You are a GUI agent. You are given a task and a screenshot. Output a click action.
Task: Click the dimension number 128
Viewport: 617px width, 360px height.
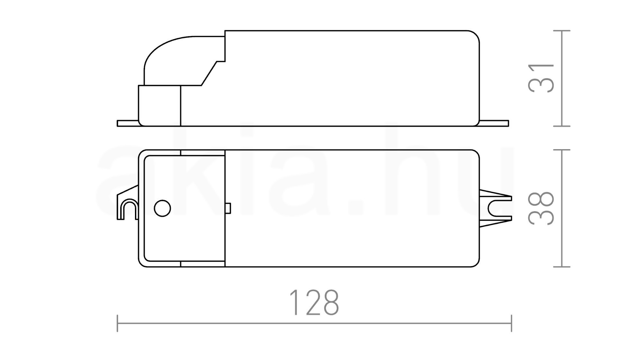(x=314, y=302)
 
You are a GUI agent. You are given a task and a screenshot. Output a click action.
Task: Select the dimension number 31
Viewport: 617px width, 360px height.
(x=541, y=78)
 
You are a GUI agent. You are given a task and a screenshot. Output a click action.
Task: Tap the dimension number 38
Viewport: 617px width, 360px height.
(x=541, y=208)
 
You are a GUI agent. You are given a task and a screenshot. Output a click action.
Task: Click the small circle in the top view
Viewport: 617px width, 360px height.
(x=162, y=208)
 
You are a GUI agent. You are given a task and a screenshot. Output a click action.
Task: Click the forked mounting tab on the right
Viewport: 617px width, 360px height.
(x=495, y=209)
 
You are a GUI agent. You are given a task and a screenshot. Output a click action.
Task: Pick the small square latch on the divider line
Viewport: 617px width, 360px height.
(x=228, y=208)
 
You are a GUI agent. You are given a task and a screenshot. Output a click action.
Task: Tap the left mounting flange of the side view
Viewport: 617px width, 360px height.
(x=128, y=123)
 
